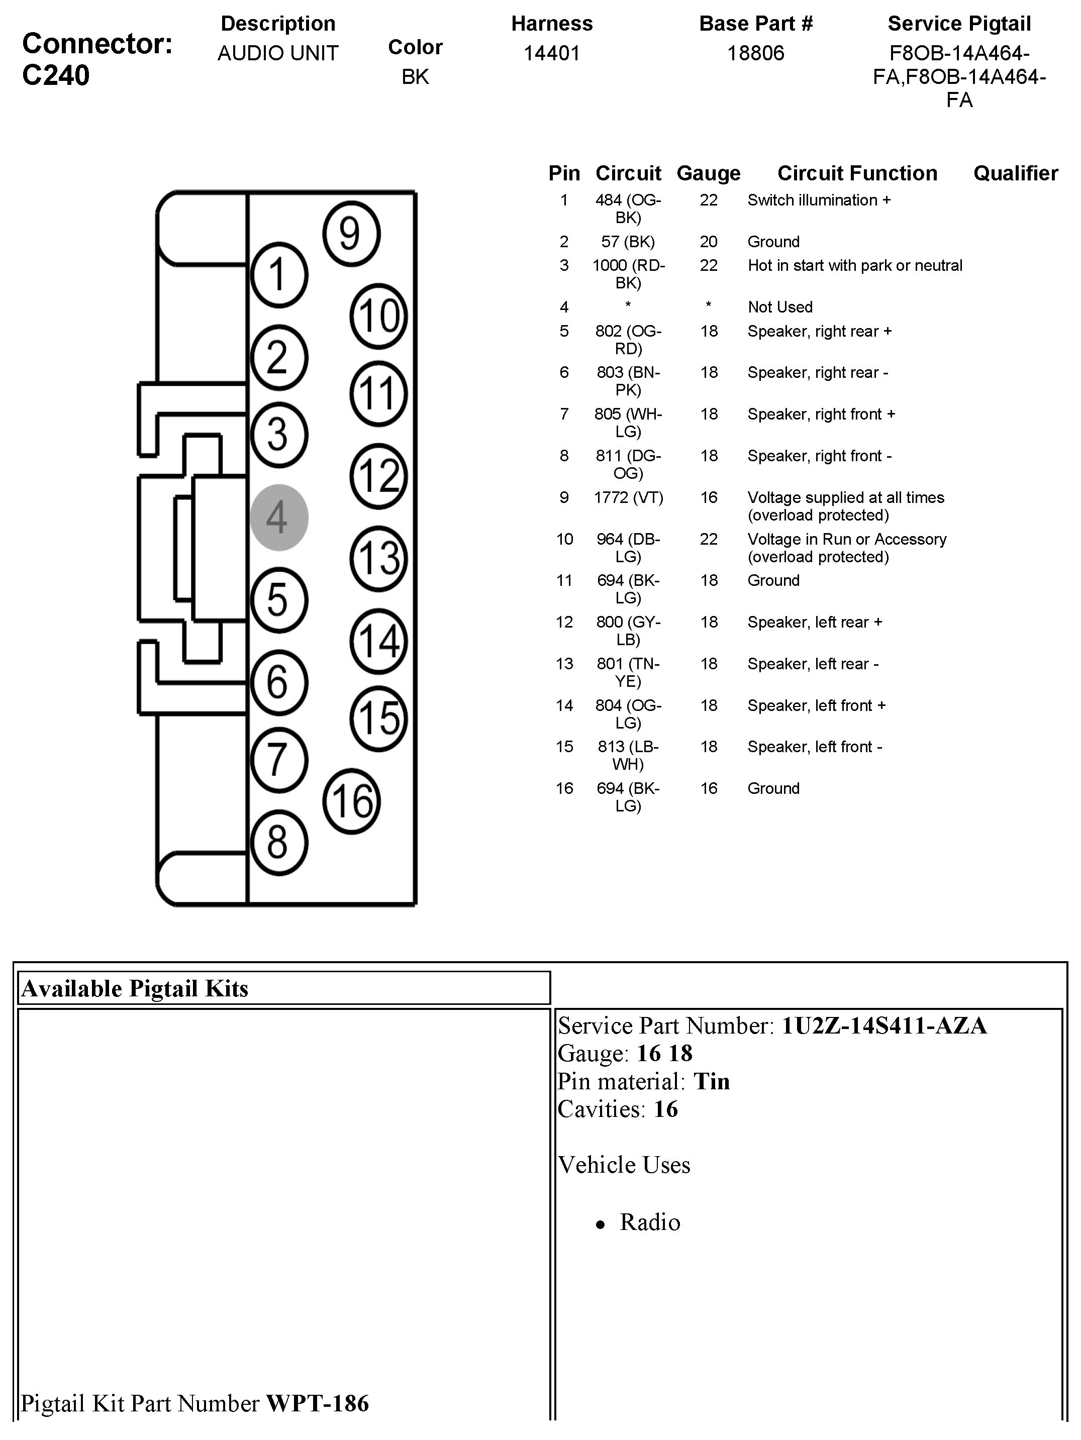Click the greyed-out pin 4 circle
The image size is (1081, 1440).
click(279, 518)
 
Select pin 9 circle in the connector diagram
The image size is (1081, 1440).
click(350, 234)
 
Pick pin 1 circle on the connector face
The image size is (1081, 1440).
click(279, 275)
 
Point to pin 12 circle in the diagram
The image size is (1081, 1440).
click(378, 476)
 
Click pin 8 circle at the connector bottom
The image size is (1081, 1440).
click(279, 843)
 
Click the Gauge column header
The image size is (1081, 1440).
click(709, 173)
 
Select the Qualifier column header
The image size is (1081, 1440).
click(1015, 173)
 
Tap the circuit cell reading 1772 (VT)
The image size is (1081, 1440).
click(628, 497)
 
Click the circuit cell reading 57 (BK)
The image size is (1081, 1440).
click(628, 242)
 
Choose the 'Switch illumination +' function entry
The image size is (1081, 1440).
click(819, 200)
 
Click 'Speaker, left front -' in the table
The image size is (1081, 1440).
click(815, 747)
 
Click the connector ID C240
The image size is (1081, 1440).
click(56, 75)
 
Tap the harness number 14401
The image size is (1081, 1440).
click(552, 53)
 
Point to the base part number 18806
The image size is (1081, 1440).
click(755, 53)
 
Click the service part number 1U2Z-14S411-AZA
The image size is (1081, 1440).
click(883, 1025)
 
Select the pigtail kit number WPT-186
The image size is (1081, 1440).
click(318, 1403)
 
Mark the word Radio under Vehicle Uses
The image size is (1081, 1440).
click(650, 1222)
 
